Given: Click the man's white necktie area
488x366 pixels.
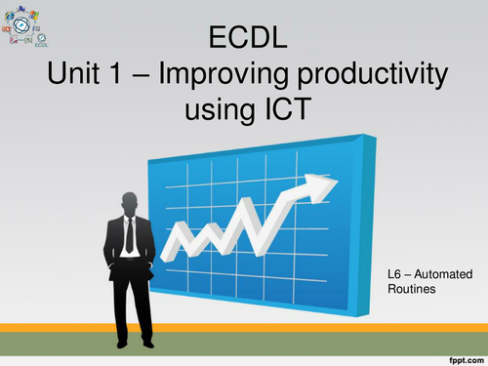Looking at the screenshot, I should (x=129, y=231).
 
